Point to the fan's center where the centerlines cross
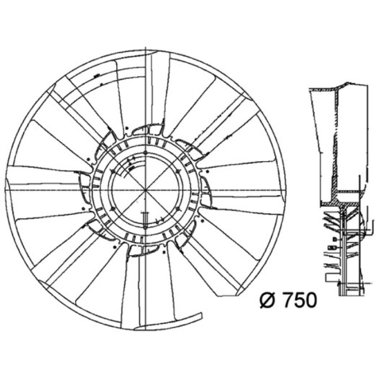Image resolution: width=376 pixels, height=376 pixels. tap(146, 190)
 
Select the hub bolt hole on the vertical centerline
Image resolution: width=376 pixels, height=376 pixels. tap(146, 153)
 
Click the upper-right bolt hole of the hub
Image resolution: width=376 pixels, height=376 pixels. tap(178, 171)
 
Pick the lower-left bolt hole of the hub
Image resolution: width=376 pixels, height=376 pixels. tap(112, 209)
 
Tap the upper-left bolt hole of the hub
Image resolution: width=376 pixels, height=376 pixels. tap(112, 171)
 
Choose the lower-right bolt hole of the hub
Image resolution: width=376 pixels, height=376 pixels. tap(178, 209)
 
